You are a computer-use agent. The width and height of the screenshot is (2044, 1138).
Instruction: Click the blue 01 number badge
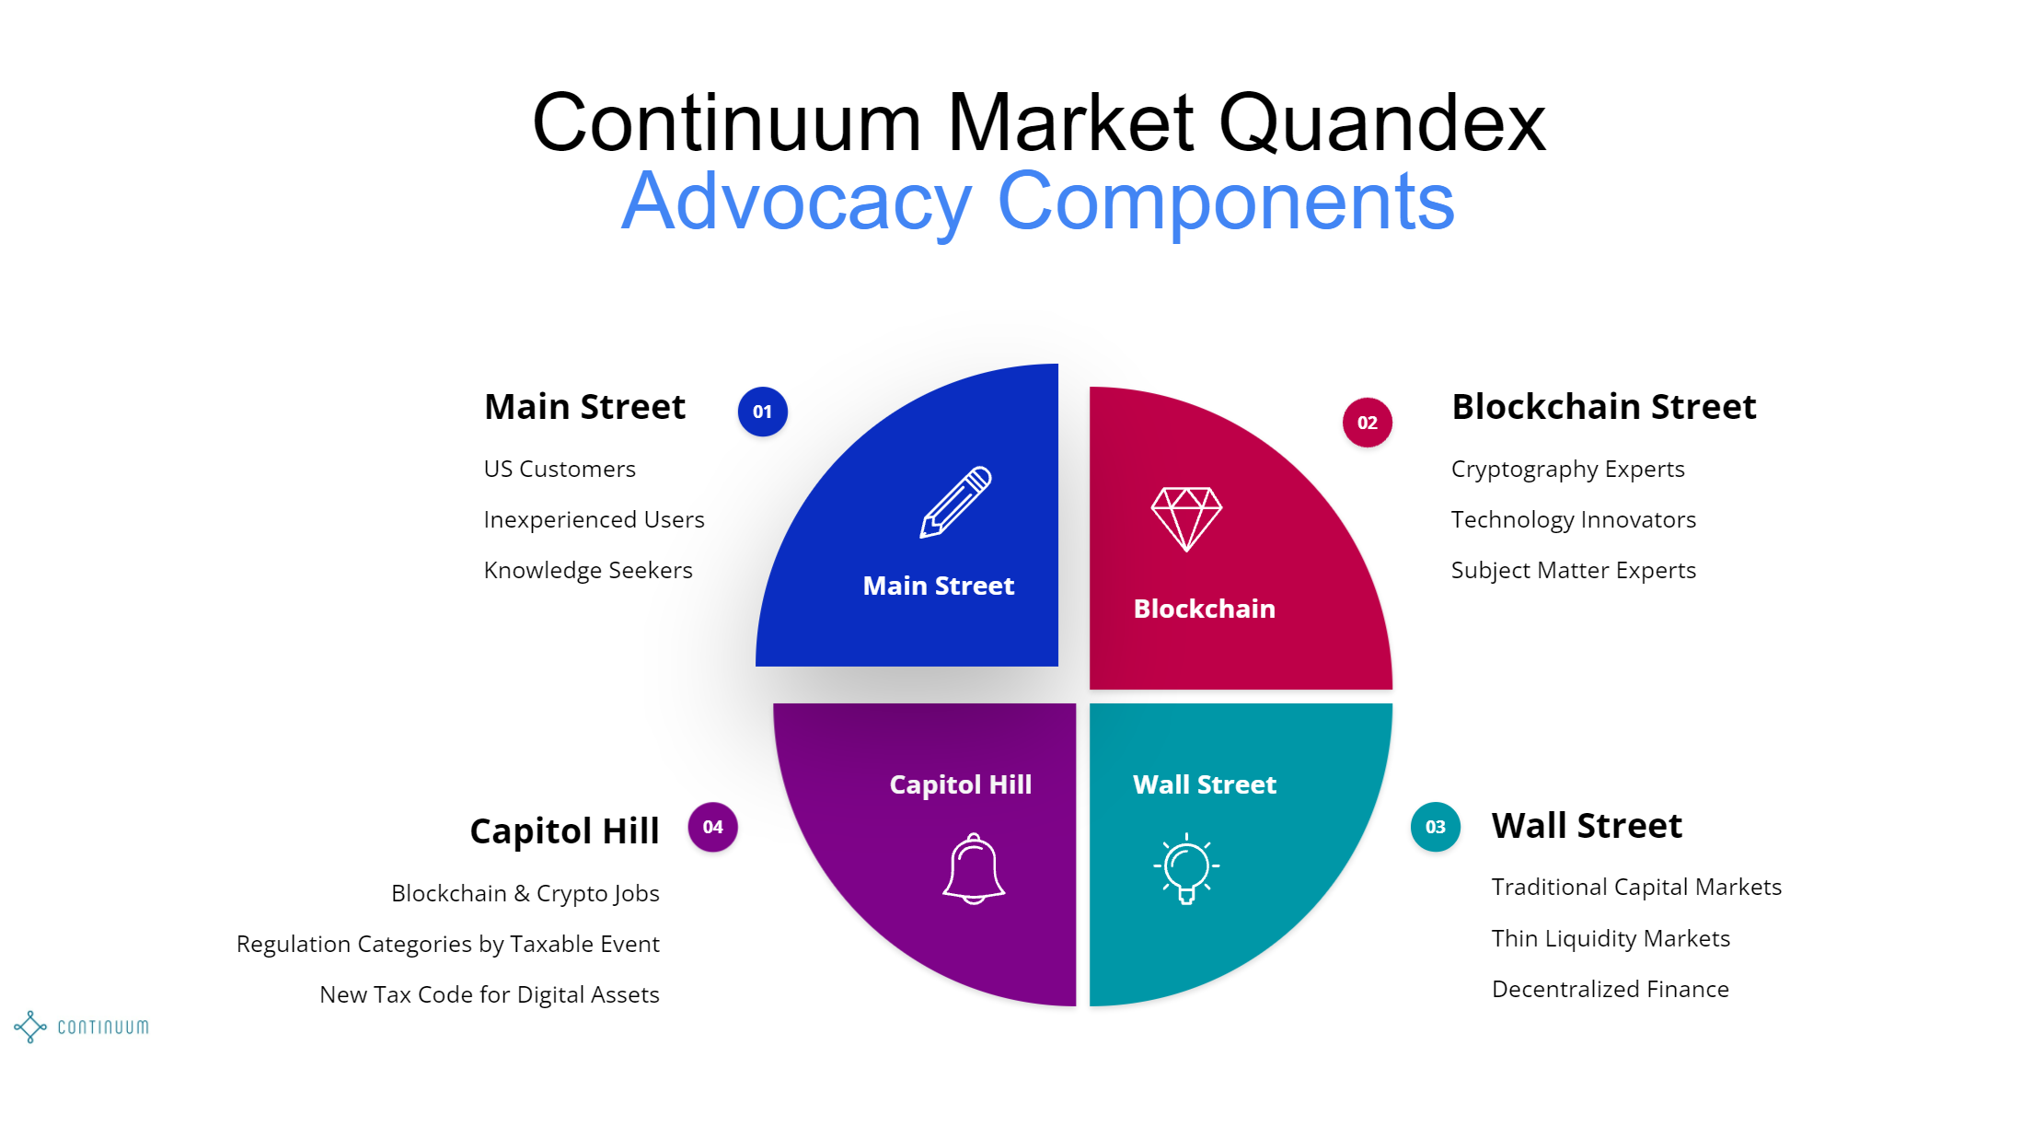point(762,412)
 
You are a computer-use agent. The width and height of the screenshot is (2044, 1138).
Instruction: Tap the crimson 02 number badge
point(1367,423)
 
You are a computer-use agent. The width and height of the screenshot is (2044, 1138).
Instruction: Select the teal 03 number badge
point(1435,827)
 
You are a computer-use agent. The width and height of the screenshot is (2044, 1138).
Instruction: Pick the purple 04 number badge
point(712,827)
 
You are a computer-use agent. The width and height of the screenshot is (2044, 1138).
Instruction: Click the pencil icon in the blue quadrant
point(955,502)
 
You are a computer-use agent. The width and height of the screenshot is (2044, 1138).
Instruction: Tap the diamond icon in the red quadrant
point(1186,518)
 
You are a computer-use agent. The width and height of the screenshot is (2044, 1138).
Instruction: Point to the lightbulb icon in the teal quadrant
point(1186,867)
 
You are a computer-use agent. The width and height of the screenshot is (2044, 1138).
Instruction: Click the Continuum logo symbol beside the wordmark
point(30,1027)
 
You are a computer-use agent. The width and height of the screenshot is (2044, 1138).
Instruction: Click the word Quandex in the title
point(1381,122)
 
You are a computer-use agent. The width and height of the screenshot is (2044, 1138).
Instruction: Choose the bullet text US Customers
point(560,469)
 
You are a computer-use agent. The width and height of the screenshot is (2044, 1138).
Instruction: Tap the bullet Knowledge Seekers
point(588,570)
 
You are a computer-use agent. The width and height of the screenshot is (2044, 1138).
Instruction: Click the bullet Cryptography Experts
point(1567,469)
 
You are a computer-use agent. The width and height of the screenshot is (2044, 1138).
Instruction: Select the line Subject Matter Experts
point(1573,570)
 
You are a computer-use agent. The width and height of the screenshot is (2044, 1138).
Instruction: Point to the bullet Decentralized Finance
point(1610,989)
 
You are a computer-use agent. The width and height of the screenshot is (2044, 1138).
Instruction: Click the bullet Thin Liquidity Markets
point(1611,938)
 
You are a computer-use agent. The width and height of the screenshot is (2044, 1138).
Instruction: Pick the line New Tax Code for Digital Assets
point(489,994)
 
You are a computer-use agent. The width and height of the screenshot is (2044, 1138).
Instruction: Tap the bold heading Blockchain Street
point(1603,406)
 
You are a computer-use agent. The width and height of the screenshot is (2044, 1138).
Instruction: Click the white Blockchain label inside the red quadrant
point(1204,609)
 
